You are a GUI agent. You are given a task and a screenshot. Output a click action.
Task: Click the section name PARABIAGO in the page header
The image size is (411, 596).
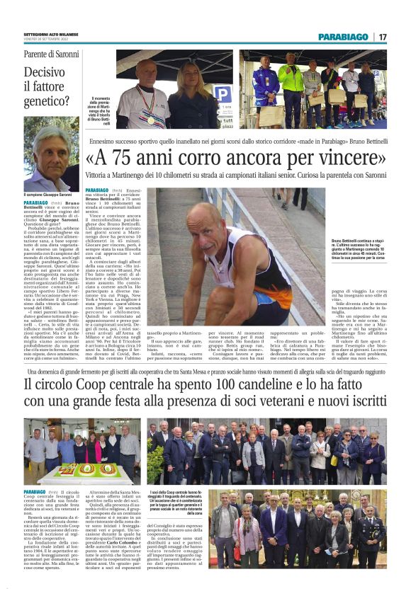344,36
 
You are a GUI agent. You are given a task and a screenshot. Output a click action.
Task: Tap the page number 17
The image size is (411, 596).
383,36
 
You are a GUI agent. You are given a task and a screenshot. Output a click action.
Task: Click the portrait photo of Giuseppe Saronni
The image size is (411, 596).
51,154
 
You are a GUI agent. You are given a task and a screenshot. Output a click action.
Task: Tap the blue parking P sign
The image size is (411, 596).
222,92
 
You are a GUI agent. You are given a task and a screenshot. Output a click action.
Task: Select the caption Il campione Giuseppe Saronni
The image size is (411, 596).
47,195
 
